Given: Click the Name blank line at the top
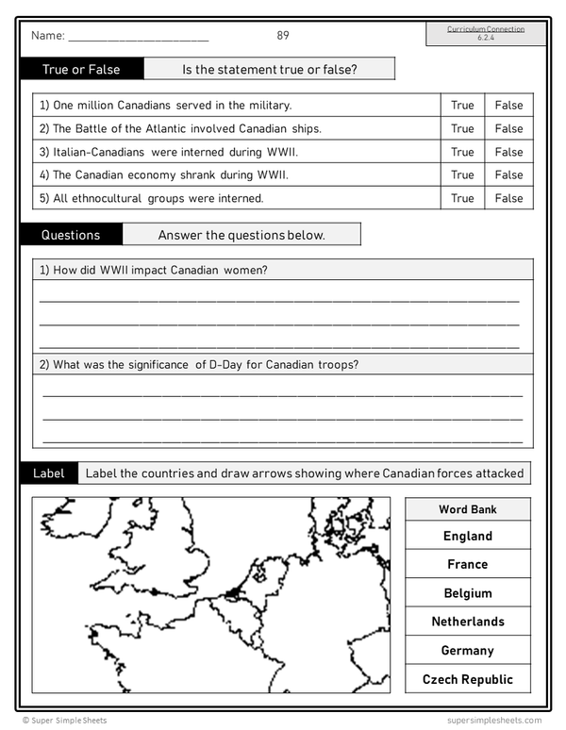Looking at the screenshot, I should coord(138,38).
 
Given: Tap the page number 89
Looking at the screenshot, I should coord(283,36).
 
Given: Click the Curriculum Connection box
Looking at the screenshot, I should coord(486,33).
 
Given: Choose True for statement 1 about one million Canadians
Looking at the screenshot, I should coord(462,106).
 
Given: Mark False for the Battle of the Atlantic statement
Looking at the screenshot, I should coord(508,128).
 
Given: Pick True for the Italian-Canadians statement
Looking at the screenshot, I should coord(462,152).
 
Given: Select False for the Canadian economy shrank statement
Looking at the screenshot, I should coord(508,174).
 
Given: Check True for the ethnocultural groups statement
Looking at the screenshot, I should coord(462,198).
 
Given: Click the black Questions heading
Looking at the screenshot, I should coord(71,235).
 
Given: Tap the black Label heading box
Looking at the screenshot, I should coord(49,473).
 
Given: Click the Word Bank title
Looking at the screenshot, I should coord(468,509).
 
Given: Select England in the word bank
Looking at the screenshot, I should coord(468,536).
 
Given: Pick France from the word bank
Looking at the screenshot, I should coord(468,564).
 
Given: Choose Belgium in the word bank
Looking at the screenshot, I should coord(468,593).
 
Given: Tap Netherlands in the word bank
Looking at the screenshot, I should coord(468,622).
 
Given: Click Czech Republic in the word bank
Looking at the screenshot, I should coord(468,679).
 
